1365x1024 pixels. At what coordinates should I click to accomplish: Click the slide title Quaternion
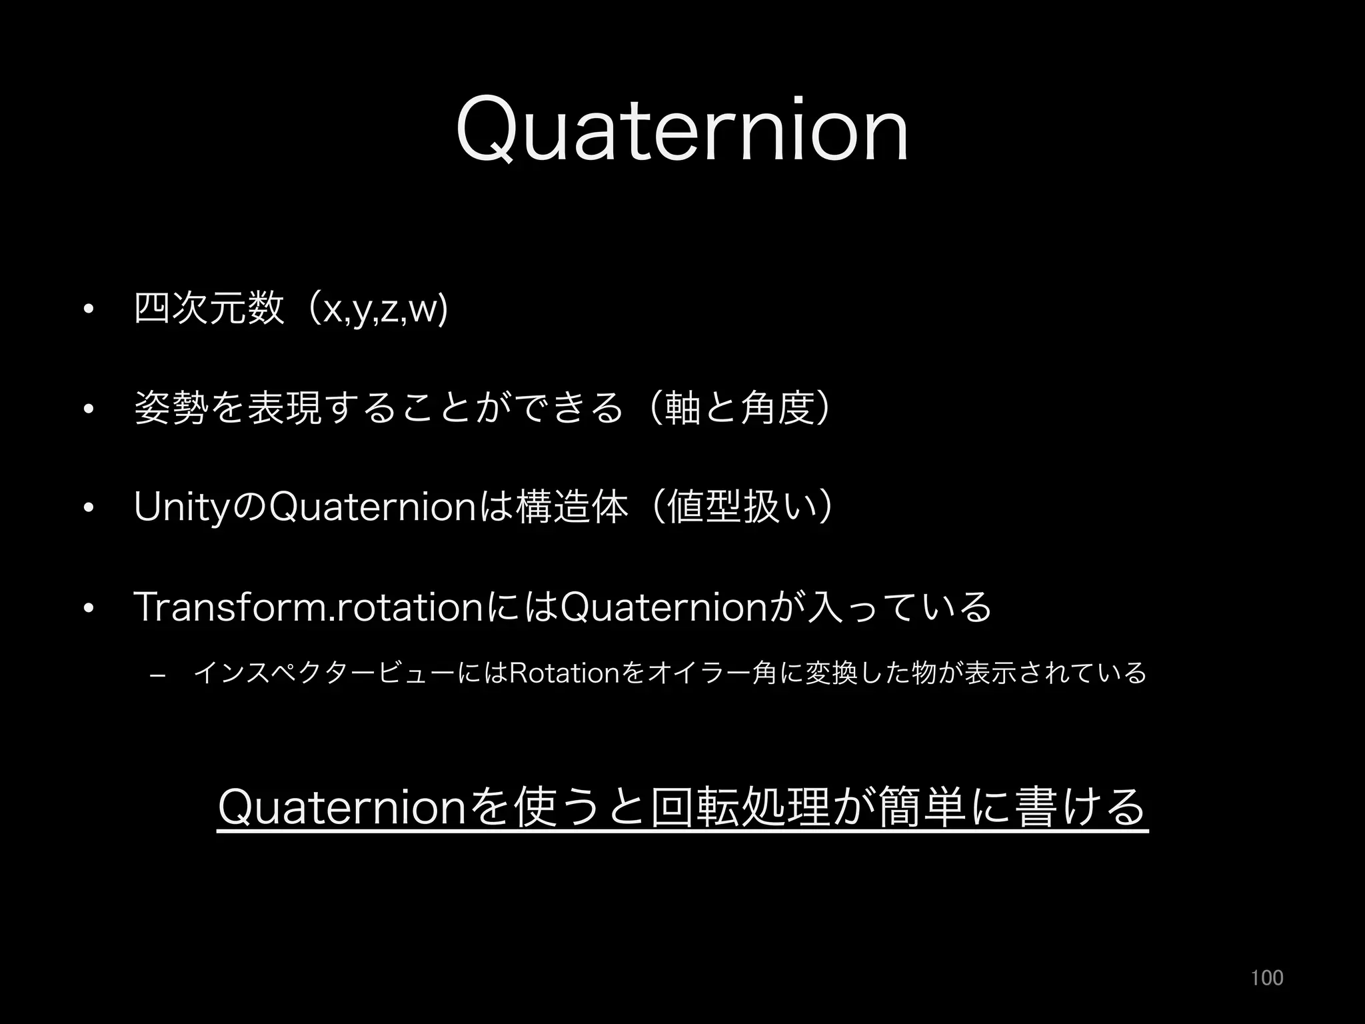682,130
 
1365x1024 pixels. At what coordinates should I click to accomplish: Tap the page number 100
1266,977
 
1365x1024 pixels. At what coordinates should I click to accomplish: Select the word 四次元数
209,309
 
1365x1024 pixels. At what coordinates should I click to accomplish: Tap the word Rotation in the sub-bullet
563,674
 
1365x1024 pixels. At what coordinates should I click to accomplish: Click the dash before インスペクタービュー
158,677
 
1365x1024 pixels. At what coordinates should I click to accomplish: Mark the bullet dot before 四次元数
87,310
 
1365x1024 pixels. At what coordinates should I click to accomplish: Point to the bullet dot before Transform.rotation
87,607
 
